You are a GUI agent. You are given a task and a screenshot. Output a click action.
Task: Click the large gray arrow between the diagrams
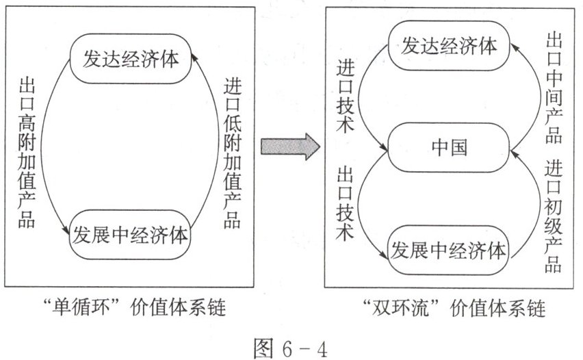pyautogui.click(x=290, y=146)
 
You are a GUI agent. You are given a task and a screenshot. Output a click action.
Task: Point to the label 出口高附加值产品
pyautogui.click(x=27, y=153)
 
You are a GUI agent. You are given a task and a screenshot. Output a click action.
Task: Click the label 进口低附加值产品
pyautogui.click(x=233, y=153)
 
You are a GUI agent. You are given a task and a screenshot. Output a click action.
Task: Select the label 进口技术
pyautogui.click(x=346, y=96)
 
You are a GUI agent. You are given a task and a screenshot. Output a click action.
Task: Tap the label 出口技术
pyautogui.click(x=346, y=204)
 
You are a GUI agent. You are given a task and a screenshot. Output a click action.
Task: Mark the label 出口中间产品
pyautogui.click(x=554, y=88)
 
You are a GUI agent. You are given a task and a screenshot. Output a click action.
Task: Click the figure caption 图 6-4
pyautogui.click(x=291, y=348)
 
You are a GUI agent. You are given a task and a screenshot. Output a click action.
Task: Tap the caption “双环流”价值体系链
pyautogui.click(x=454, y=308)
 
